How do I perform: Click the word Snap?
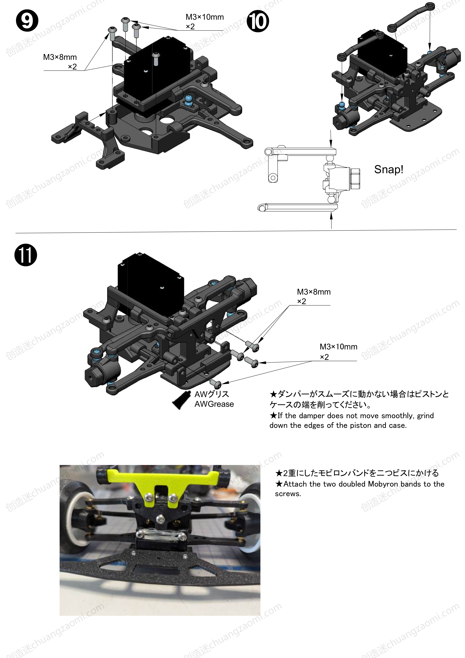[x=389, y=169]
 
